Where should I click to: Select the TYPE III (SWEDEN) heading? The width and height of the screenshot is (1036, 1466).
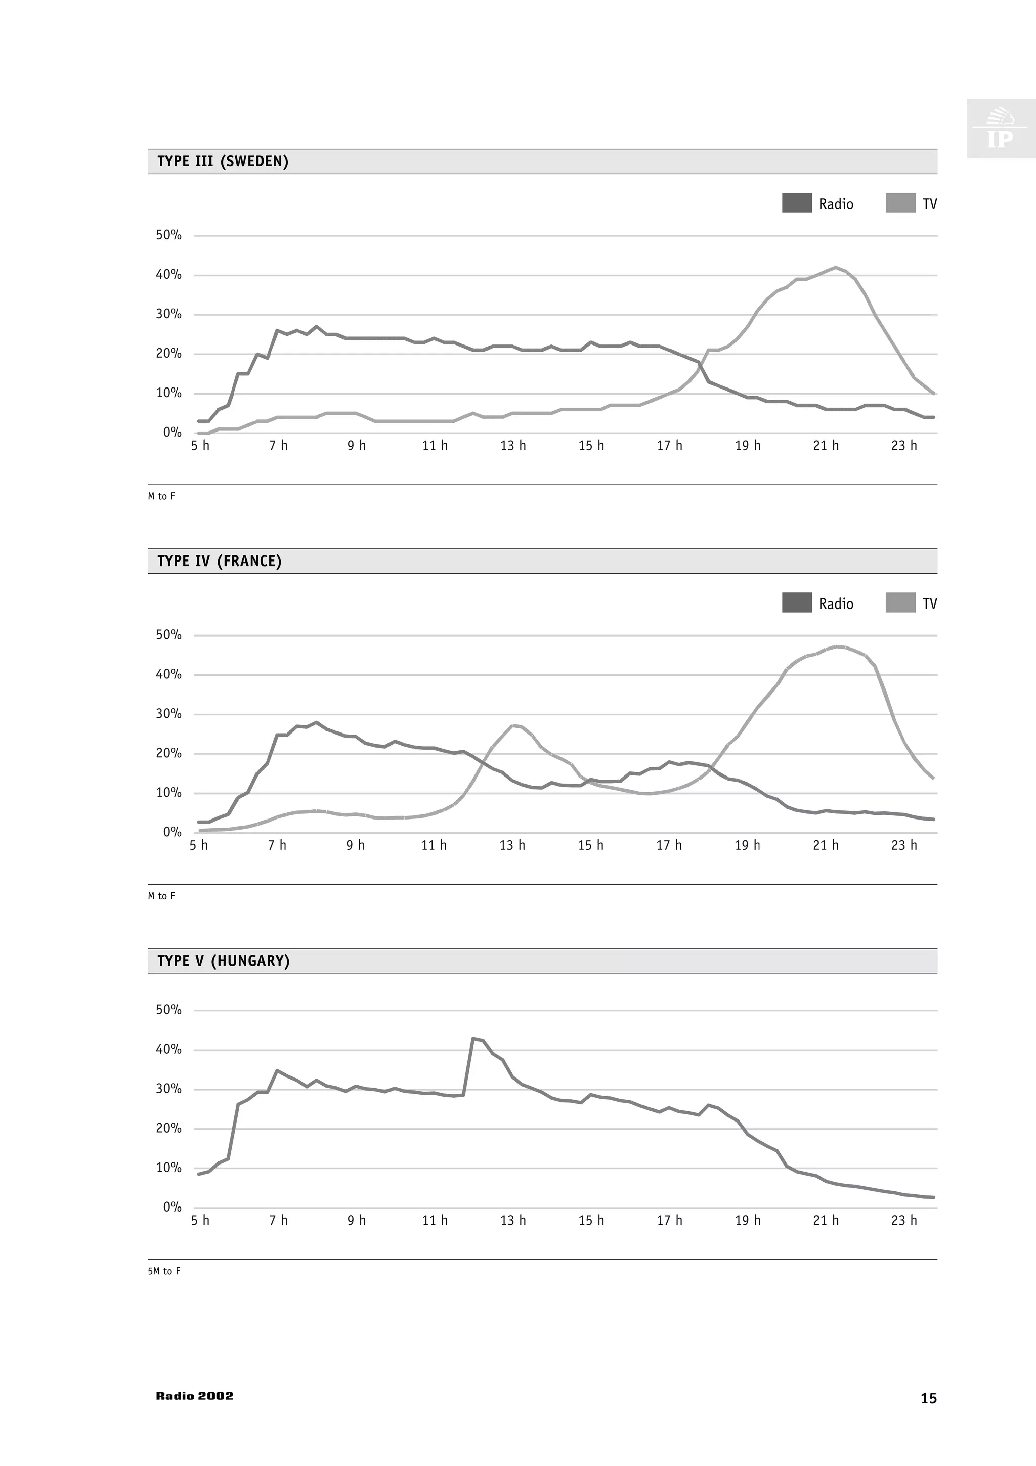[x=223, y=161]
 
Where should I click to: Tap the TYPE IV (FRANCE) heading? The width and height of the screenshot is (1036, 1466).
[x=219, y=561]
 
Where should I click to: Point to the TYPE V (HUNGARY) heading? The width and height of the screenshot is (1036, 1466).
[x=224, y=961]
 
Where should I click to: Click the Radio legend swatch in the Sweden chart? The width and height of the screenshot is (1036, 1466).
[x=797, y=203]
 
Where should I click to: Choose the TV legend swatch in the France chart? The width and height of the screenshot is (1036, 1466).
[x=900, y=603]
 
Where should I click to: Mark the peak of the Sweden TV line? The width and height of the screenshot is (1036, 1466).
[x=836, y=268]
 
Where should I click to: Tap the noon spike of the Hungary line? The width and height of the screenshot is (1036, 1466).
[x=473, y=1039]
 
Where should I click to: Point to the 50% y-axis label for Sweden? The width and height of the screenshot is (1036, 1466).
[x=168, y=235]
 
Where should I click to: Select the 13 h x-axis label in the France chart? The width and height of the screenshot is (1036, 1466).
[x=512, y=845]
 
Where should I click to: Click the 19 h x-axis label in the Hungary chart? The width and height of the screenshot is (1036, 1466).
[x=748, y=1220]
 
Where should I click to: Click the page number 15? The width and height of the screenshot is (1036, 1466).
[x=928, y=1398]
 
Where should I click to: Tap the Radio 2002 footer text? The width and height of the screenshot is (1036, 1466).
[x=195, y=1396]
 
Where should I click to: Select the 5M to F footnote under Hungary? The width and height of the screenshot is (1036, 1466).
[x=164, y=1271]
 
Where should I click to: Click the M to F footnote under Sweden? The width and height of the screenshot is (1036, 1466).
[x=161, y=496]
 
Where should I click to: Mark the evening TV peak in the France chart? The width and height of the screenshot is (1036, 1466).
[x=837, y=646]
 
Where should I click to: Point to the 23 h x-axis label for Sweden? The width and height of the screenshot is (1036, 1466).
[x=904, y=446]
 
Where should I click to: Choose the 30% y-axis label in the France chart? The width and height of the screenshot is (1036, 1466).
[x=168, y=714]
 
